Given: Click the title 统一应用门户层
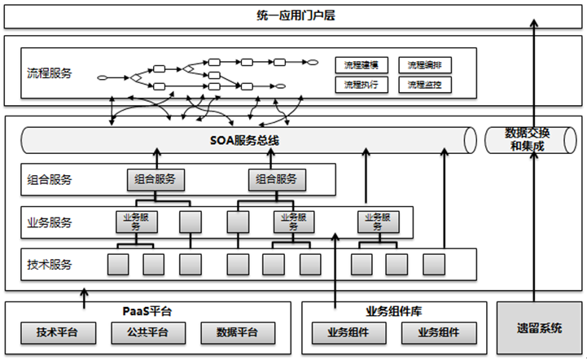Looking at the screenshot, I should pyautogui.click(x=293, y=17).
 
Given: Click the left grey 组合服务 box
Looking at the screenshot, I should pyautogui.click(x=155, y=179).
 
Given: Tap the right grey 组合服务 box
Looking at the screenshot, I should pyautogui.click(x=277, y=179).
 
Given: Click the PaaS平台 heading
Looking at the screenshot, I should pyautogui.click(x=147, y=311).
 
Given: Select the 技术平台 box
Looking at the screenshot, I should pyautogui.click(x=58, y=332).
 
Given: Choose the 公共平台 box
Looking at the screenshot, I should pyautogui.click(x=147, y=332).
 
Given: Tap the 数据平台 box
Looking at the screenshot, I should pyautogui.click(x=238, y=332).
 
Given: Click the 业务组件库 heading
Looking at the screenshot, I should pyautogui.click(x=393, y=311).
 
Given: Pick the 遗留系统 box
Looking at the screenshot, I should pyautogui.click(x=538, y=328).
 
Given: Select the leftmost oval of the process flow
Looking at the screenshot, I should pyautogui.click(x=103, y=78).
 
